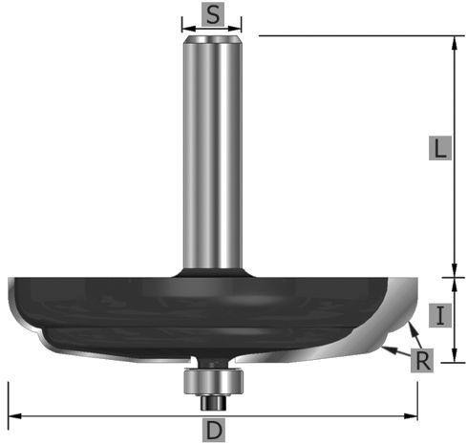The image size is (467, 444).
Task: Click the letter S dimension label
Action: click(213, 14)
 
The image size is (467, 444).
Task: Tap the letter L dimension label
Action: click(440, 148)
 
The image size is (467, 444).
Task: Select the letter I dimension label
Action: click(440, 315)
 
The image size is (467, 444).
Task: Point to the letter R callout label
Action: click(422, 360)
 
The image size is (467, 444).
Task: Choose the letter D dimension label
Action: click(214, 431)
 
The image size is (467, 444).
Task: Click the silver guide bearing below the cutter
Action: click(214, 381)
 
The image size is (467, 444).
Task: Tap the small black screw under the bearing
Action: click(213, 403)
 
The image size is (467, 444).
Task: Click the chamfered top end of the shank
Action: click(212, 39)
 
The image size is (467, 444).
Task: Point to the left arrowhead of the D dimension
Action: click(14, 416)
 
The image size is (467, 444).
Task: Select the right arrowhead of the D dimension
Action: click(411, 416)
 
